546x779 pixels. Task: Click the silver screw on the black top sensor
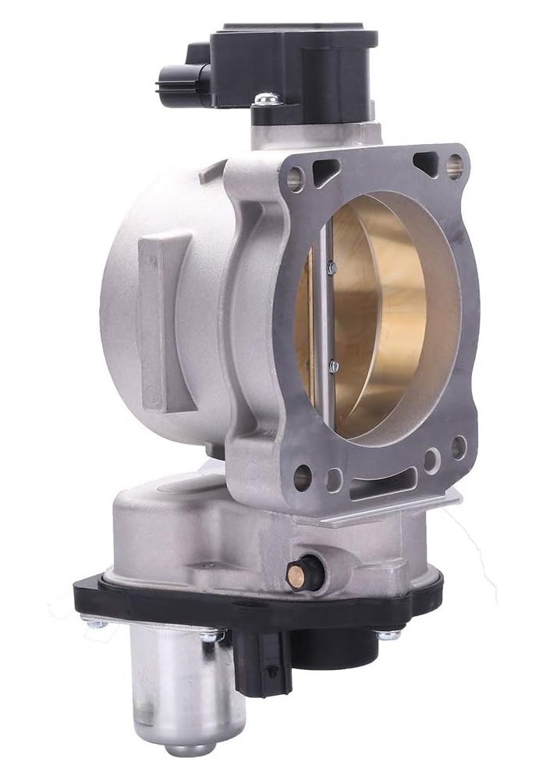pyautogui.click(x=266, y=99)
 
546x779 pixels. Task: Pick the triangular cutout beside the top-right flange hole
pyautogui.click(x=425, y=162)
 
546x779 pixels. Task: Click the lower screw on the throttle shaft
pyautogui.click(x=333, y=365)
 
